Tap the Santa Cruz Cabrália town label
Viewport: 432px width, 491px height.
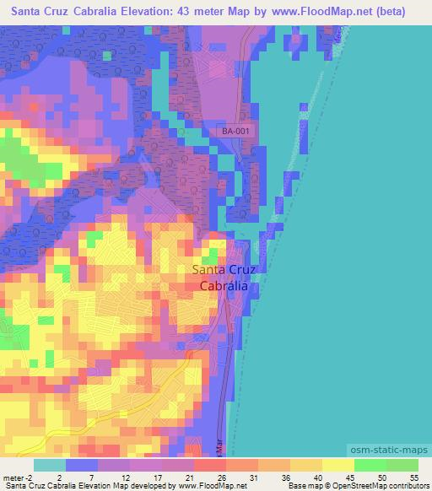coord(224,278)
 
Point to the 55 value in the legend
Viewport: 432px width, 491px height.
coord(414,477)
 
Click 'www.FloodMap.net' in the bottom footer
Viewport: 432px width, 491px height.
coord(208,487)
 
